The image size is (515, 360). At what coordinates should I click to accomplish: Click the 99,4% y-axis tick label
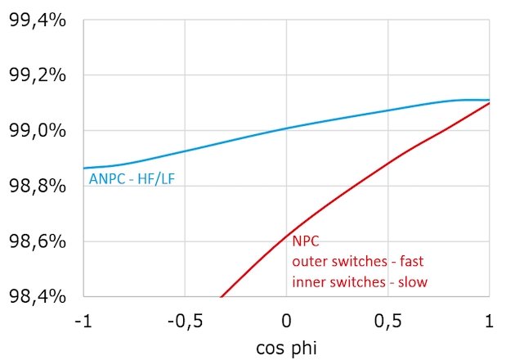(37, 20)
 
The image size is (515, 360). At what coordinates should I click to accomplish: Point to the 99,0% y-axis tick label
(37, 130)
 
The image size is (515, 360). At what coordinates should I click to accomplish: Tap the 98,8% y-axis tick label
(37, 186)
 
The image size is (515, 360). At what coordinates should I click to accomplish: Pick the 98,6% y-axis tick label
(37, 241)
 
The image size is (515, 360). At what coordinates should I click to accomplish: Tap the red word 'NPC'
(304, 243)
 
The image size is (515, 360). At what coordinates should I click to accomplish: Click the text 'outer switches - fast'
(358, 262)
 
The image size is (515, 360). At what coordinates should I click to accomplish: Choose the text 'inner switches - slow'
(359, 281)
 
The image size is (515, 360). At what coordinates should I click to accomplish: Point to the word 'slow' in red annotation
(410, 281)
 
